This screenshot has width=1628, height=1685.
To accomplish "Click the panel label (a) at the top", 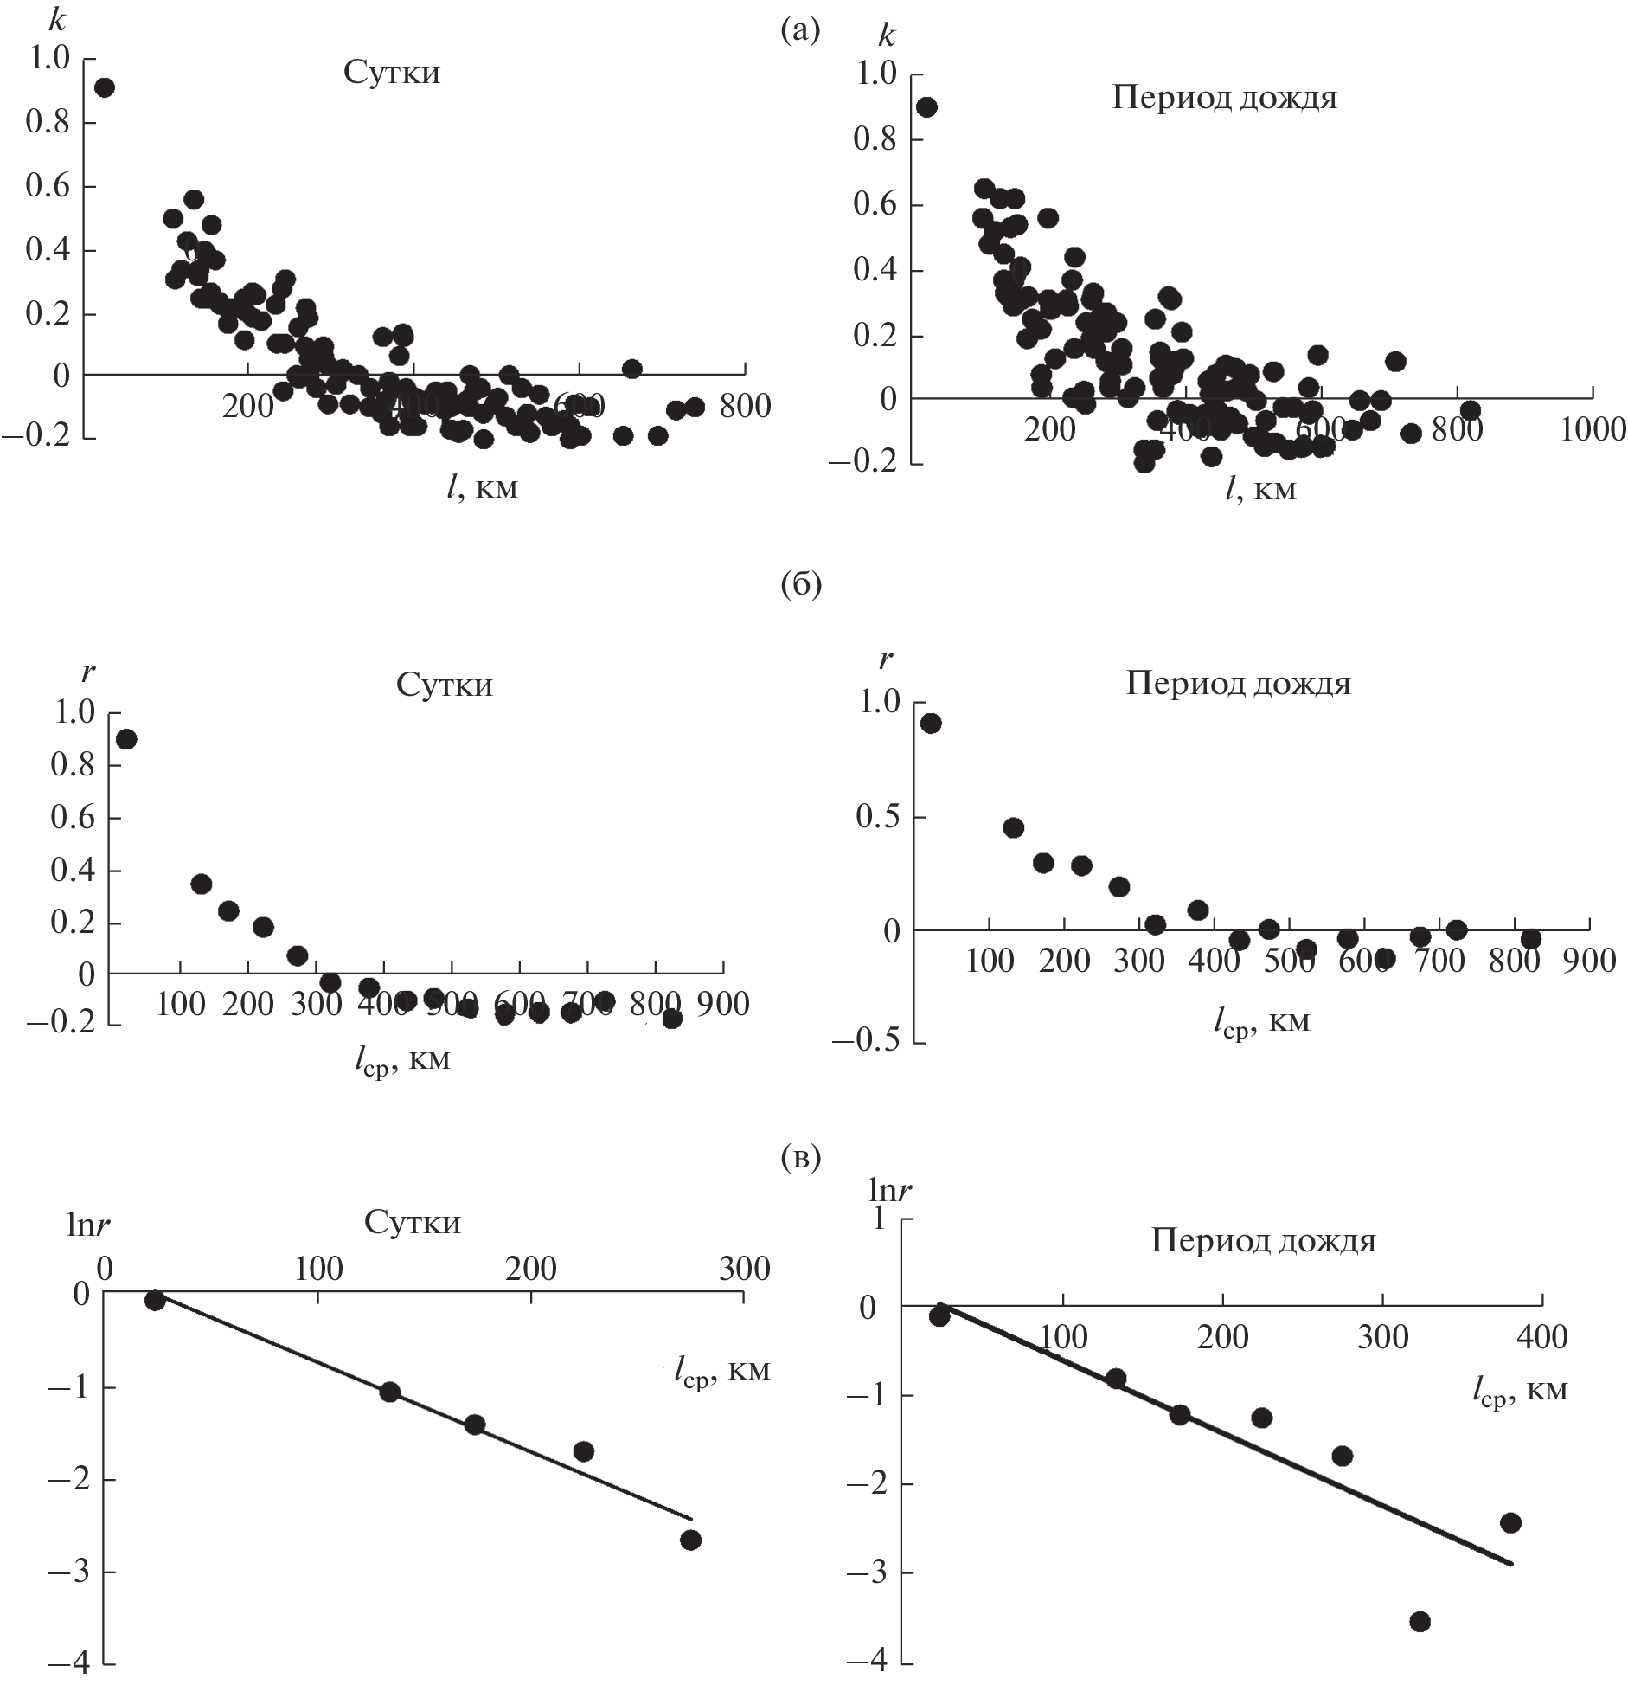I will pos(799,32).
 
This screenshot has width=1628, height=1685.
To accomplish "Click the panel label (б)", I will pos(800,586).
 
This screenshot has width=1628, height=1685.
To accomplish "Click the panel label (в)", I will pos(800,1157).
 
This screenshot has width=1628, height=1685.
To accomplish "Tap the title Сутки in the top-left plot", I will pos(392,73).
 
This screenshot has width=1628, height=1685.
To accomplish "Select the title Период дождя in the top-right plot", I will pos(1224,98).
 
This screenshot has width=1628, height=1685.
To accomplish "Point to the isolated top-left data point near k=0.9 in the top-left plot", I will pos(105,87).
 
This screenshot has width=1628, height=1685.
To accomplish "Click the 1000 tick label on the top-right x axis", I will pos(1593,430).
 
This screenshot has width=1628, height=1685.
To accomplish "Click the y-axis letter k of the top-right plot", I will pos(887,37).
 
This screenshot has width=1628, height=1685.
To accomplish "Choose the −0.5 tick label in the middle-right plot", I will pos(865,1042).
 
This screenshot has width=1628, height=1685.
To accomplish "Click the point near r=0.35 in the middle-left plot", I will pos(201,884).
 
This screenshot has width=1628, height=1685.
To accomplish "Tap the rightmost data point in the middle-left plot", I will pos(672,1019).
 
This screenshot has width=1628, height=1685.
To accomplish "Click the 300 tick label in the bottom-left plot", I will pos(744,1269).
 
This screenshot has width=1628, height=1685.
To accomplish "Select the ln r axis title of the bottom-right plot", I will pos(891,1192).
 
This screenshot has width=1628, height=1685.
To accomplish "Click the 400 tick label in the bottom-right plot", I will pos(1542,1337).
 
